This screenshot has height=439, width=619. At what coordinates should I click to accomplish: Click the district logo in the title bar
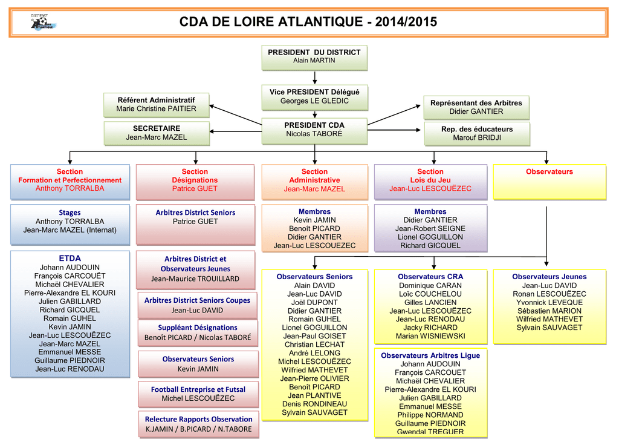[x=42, y=23]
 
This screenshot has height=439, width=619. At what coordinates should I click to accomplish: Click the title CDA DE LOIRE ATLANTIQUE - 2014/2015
[x=308, y=22]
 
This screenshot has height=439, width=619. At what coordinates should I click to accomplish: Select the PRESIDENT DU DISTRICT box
[x=314, y=56]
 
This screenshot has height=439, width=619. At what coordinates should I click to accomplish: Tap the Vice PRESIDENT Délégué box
[x=314, y=96]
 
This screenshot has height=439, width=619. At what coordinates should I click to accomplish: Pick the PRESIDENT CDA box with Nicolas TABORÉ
[x=314, y=130]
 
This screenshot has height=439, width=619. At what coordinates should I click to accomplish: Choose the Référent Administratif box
[x=156, y=104]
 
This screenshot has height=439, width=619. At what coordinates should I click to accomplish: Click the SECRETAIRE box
[x=156, y=133]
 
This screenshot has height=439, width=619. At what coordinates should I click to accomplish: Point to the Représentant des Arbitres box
[x=476, y=107]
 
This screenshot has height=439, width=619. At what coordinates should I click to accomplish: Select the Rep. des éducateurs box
[x=476, y=133]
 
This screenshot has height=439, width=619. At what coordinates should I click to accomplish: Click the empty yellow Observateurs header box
[x=549, y=182]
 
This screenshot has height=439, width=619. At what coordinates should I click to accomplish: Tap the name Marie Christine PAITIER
[x=156, y=109]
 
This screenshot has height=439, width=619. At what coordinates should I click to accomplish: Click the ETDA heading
[x=70, y=259]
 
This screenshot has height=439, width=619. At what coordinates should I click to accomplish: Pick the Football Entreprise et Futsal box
[x=198, y=394]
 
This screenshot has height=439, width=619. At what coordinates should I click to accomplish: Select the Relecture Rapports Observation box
[x=198, y=424]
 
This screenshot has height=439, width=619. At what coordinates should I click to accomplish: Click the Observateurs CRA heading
[x=430, y=277]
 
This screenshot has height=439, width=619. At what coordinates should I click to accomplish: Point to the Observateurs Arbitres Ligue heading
[x=430, y=355]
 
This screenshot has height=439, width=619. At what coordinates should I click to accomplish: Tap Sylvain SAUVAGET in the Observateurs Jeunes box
[x=549, y=328]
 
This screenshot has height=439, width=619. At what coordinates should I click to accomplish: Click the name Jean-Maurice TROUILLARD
[x=195, y=279]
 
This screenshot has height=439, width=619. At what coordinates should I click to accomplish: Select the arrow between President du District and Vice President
[x=314, y=77]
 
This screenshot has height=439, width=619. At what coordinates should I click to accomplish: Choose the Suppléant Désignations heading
[x=198, y=328]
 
